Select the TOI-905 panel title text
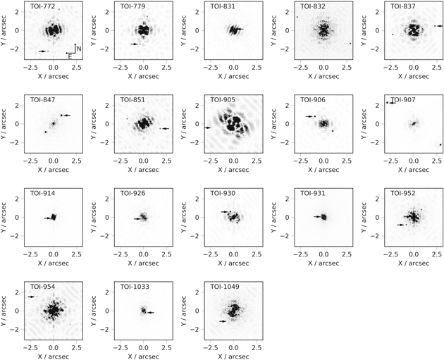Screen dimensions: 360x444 220,99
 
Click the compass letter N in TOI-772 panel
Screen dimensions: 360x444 79,49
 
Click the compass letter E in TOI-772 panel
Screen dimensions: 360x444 70,56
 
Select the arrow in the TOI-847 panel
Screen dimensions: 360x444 66,115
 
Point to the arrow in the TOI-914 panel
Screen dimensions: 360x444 48,218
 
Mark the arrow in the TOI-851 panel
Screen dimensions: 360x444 166,128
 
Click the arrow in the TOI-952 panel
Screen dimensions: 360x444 400,225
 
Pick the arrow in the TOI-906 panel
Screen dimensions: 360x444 310,116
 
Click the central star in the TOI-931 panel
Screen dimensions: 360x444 323,217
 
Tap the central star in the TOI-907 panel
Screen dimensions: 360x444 414,124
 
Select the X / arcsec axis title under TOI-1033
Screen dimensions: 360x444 143,356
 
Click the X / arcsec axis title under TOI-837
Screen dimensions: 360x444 414,76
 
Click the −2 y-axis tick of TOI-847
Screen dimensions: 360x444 17,142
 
